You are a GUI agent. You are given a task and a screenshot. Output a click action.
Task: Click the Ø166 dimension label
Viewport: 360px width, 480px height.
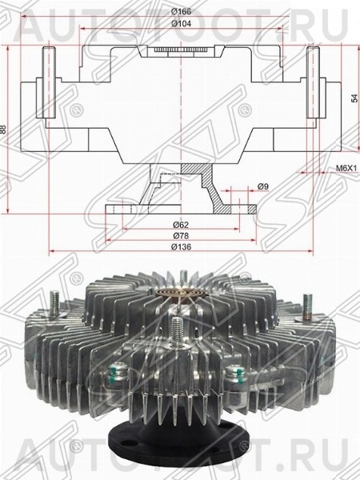coord(181,11)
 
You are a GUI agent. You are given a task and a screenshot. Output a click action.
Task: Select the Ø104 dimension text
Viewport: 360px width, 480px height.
coord(181,25)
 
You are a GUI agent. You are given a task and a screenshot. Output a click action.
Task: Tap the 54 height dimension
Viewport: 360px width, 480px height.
coord(354,98)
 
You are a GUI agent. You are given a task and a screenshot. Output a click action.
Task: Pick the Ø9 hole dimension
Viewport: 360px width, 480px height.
coord(262,186)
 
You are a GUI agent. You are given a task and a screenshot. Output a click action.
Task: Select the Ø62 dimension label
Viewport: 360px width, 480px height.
coord(181,225)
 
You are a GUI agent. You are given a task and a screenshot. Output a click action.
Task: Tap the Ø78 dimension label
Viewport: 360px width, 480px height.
coord(181,237)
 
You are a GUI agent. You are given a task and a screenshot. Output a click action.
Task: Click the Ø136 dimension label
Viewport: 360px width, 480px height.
coord(181,250)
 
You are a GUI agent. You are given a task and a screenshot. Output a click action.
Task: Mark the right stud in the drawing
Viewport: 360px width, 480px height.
coord(313,80)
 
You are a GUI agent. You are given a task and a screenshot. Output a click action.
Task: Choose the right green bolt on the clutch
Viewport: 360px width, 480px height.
coord(234,371)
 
